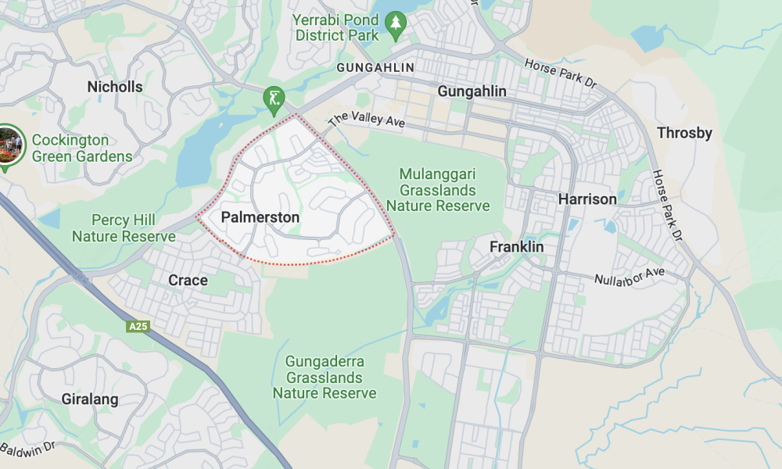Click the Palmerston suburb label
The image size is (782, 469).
click(260, 217)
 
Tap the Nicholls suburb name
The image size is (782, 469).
click(115, 87)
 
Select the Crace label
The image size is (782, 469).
click(188, 280)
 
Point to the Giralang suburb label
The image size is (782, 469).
click(90, 399)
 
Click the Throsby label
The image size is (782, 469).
click(684, 133)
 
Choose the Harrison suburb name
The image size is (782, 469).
click(587, 199)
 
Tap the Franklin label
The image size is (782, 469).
click(516, 247)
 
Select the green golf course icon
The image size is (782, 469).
click(273, 98)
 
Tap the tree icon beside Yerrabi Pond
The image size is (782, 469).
click(396, 24)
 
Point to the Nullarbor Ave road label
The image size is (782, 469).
click(629, 276)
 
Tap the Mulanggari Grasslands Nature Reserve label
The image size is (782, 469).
click(438, 190)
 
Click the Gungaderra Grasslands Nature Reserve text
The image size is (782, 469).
click(325, 378)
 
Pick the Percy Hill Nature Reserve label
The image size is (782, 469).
click(124, 228)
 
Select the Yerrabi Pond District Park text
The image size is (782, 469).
click(337, 27)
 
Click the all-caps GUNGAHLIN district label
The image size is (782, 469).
click(375, 68)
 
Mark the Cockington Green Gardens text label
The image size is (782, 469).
click(81, 148)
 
